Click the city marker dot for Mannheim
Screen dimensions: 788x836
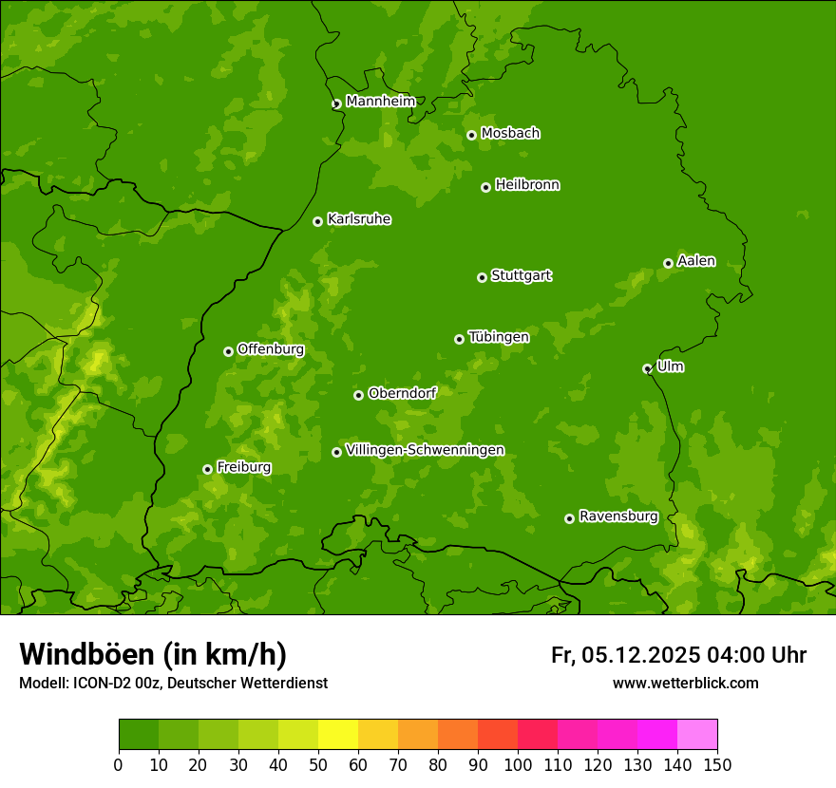(336, 104)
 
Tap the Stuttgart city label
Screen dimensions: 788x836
(521, 275)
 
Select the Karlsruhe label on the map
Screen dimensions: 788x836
(358, 219)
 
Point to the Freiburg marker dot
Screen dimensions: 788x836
(207, 469)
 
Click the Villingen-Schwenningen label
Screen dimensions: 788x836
(425, 450)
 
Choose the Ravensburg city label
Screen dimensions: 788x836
(617, 516)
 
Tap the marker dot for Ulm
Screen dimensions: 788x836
(647, 368)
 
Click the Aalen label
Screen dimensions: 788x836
(695, 261)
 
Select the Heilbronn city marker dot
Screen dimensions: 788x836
(485, 187)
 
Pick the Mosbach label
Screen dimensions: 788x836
(509, 133)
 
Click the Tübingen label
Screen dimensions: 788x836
(498, 336)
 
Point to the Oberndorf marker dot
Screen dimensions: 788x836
(358, 395)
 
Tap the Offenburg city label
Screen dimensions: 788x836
(270, 349)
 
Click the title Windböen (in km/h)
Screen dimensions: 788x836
(152, 654)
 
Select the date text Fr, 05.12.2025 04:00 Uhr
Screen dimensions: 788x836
(678, 655)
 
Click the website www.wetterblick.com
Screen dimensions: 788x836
(685, 683)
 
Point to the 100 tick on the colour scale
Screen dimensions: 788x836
(518, 764)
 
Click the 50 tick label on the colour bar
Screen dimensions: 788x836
(318, 764)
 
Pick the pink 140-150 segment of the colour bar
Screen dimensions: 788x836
(697, 735)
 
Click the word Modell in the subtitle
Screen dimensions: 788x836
(42, 683)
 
